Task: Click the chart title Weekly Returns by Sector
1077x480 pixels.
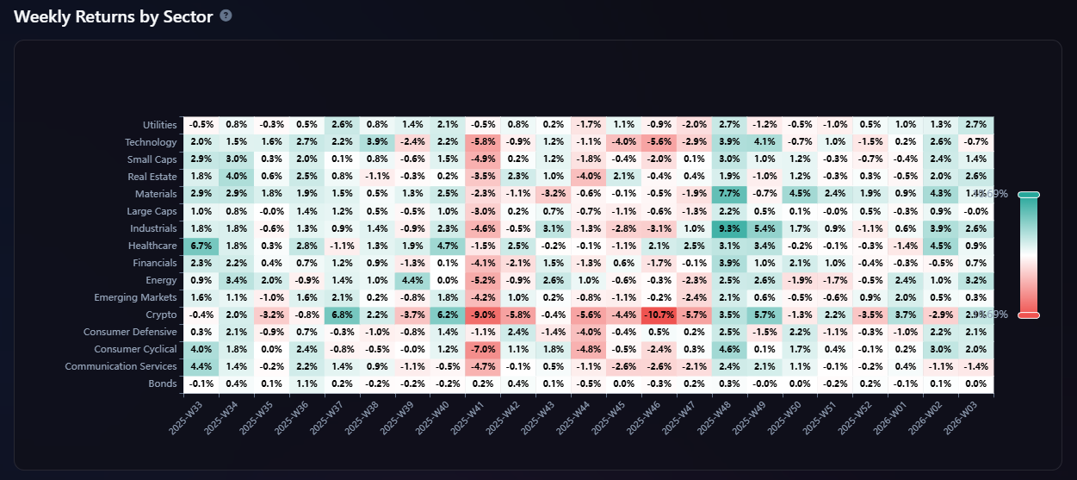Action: point(114,16)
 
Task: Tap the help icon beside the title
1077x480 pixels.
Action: point(226,16)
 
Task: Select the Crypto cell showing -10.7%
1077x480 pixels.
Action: point(659,315)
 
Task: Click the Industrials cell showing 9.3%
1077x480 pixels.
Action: point(729,228)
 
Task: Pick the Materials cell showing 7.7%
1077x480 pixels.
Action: point(729,194)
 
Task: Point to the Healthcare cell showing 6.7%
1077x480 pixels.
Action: point(201,246)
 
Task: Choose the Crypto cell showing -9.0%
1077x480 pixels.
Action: point(483,315)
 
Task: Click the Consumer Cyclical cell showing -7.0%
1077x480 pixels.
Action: point(483,349)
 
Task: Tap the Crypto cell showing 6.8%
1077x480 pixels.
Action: point(342,315)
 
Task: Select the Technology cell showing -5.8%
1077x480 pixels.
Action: point(483,142)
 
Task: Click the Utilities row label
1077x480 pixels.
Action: point(159,125)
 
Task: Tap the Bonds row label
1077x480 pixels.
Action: point(162,383)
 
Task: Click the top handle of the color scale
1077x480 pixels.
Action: point(1028,195)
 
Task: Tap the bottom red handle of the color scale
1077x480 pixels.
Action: point(1028,315)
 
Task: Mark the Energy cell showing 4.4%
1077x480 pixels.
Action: point(412,280)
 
